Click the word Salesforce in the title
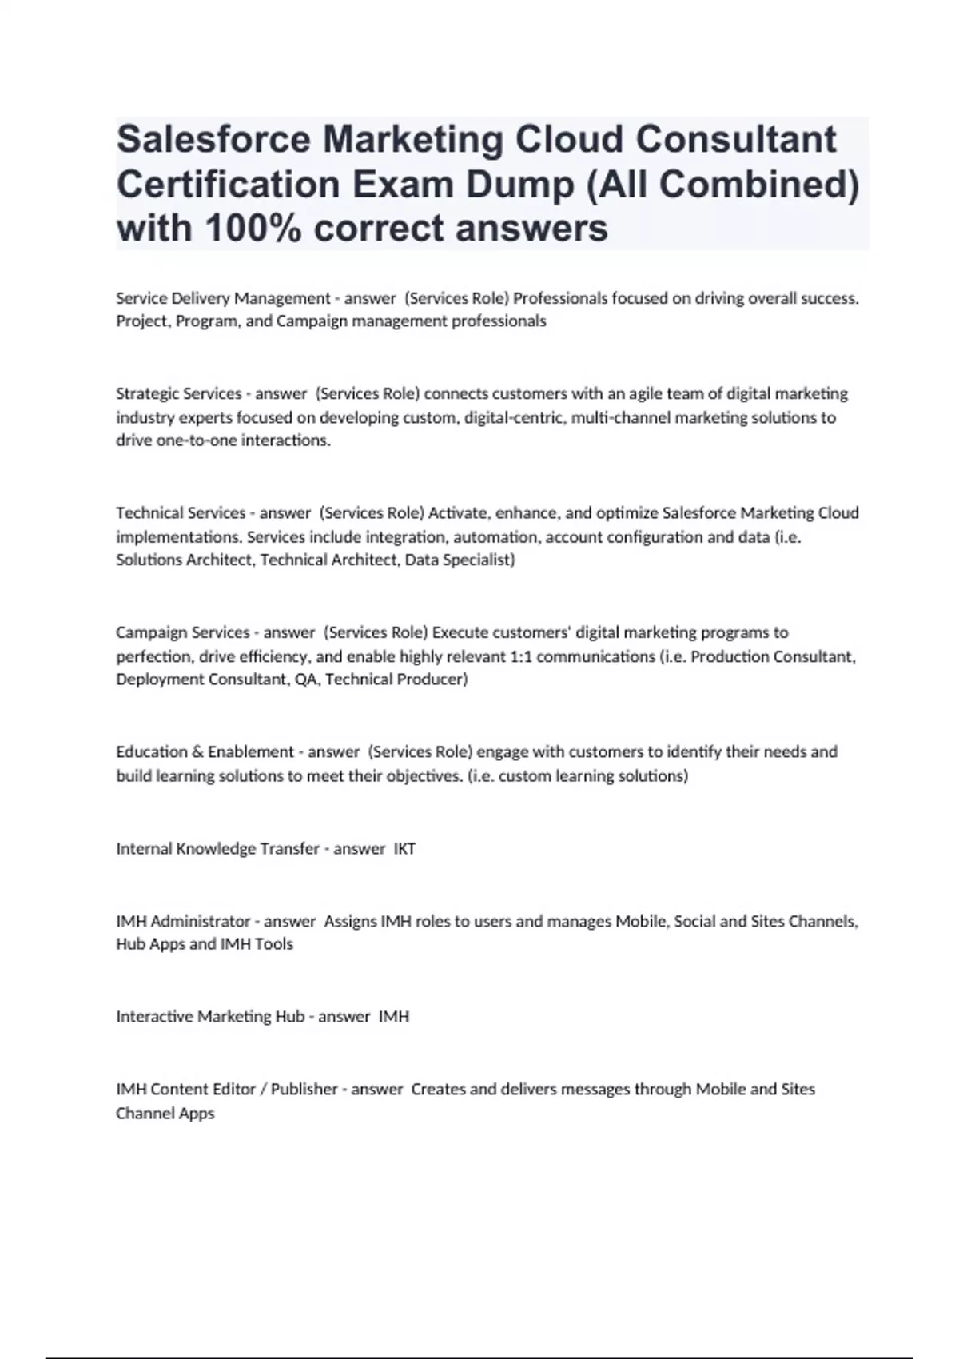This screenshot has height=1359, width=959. (x=213, y=139)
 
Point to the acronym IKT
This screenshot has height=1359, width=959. (x=404, y=848)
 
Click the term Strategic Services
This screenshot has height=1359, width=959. (x=178, y=393)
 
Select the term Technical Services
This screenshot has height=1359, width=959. (x=181, y=512)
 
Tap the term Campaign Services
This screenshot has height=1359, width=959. (x=182, y=632)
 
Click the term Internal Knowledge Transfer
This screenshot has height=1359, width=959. (x=217, y=848)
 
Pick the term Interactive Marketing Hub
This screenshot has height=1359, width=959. (x=210, y=1016)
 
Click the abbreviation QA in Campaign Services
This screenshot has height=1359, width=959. (x=304, y=679)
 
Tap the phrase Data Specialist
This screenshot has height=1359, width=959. (x=460, y=560)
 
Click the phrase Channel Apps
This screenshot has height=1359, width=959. (x=165, y=1113)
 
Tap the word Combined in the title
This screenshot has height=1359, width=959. (x=758, y=184)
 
